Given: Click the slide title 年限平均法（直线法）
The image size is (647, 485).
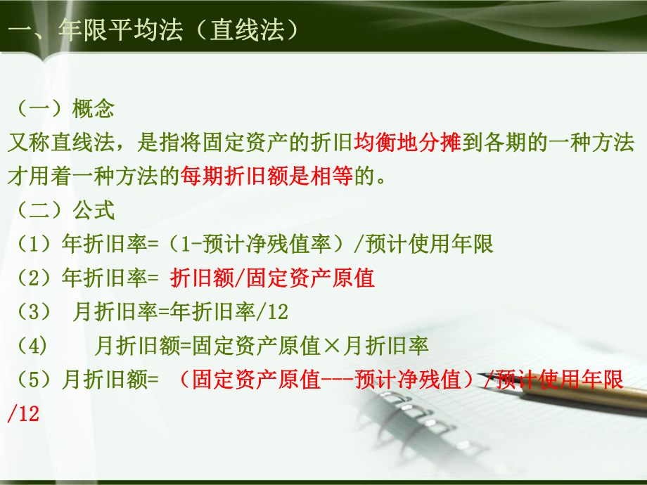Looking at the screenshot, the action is pos(178,30).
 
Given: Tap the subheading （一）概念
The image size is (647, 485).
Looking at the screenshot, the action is pos(65,109).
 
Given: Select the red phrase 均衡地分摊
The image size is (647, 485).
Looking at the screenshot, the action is pos(407,142).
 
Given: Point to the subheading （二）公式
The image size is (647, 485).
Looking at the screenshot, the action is pos(65,210).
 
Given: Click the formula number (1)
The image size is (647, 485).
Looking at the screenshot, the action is pos(34,244).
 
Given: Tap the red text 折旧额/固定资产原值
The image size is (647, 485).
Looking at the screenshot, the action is pos(272,278).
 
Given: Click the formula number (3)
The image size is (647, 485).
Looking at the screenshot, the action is pos(34,312).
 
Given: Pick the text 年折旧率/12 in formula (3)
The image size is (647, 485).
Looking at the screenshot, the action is pos(229,312).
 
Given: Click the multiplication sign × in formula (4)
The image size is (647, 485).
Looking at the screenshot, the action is pos(331,346).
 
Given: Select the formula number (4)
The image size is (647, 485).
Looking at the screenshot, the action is pos(32,346).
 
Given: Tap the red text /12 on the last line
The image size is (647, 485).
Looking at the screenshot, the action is pos(23,413).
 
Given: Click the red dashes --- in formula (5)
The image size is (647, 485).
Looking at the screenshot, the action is pos(337,380).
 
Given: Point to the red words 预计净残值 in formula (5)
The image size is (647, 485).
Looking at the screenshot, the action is pos(407,380).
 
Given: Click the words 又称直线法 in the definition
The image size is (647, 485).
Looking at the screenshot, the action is pos(61,142).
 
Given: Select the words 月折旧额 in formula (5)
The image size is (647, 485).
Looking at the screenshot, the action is pos(104,380).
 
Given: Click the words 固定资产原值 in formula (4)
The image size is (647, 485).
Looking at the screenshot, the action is pos(256,346).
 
